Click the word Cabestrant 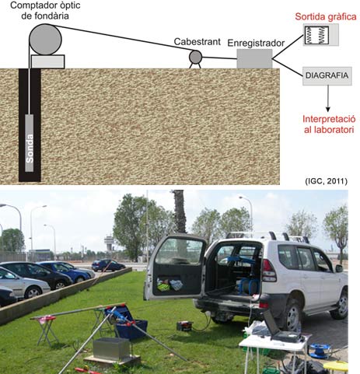click(197, 42)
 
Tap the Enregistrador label click(256, 43)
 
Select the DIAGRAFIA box click(327, 75)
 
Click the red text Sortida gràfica click(326, 17)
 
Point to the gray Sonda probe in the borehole click(30, 143)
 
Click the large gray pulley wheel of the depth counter click(45, 40)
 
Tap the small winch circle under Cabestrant click(195, 57)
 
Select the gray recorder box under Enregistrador click(254, 59)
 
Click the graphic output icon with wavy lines click(320, 35)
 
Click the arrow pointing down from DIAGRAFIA click(328, 99)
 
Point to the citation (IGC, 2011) click(326, 181)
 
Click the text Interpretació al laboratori click(329, 124)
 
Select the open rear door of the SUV click(177, 267)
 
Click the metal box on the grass click(111, 348)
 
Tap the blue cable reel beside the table click(320, 351)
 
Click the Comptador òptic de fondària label click(45, 11)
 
